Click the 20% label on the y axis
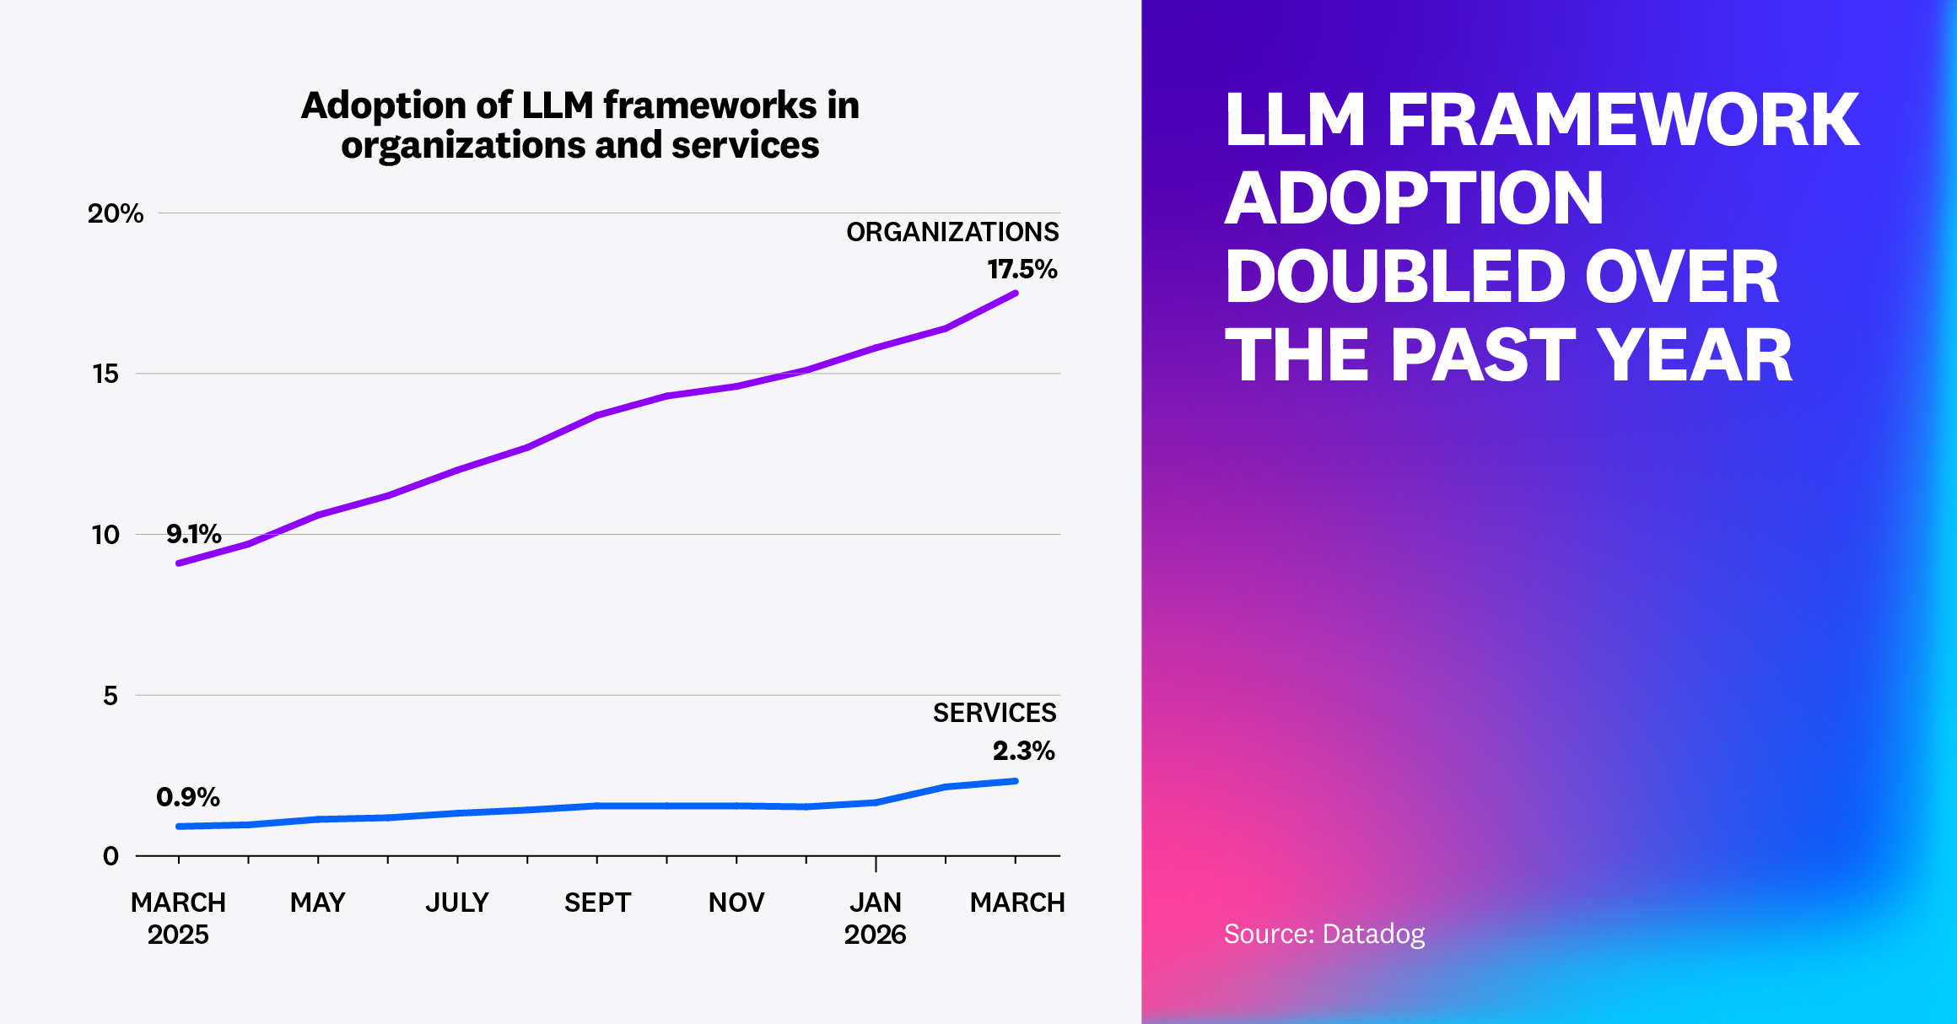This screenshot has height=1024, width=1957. (x=116, y=213)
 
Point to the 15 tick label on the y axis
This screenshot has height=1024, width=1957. (x=105, y=374)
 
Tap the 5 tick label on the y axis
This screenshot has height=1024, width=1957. (x=111, y=696)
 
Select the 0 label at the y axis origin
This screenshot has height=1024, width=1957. (x=111, y=857)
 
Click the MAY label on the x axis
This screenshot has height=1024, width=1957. (x=318, y=903)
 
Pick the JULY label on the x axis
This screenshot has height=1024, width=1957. (x=457, y=903)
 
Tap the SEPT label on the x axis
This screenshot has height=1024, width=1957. (x=597, y=903)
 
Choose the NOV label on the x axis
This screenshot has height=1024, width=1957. (x=736, y=903)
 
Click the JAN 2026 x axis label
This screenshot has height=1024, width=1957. (x=876, y=918)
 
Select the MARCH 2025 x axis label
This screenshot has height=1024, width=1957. (x=178, y=918)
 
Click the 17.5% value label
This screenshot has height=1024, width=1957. (x=1022, y=270)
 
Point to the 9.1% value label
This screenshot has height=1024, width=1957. (x=193, y=534)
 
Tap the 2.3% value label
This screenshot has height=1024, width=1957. (x=1023, y=751)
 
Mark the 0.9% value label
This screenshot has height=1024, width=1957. (x=188, y=797)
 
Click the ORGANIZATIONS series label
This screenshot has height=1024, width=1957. (x=952, y=232)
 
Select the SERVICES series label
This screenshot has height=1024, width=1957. (x=995, y=713)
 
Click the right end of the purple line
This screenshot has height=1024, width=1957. (x=1015, y=294)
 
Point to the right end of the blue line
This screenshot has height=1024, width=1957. (x=1015, y=781)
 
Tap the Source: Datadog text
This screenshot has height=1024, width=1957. (x=1324, y=934)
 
